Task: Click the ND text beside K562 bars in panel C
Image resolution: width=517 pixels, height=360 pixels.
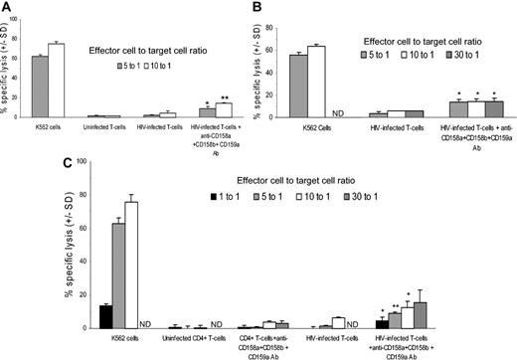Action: (x=149, y=323)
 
